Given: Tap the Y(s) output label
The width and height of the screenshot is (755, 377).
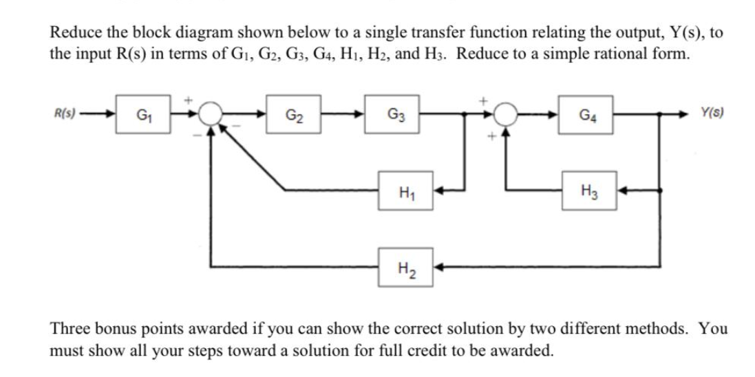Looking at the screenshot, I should pos(713,113).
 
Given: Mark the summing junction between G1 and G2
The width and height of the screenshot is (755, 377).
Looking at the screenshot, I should pos(213,114).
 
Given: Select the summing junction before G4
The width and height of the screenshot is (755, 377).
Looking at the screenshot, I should pos(508,114).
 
